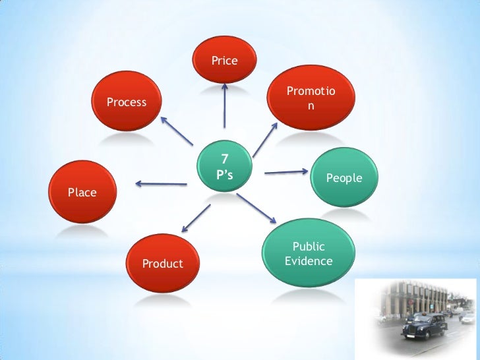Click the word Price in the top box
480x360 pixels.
(224, 61)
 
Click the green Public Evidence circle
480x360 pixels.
(309, 254)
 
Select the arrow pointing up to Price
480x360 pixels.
(225, 105)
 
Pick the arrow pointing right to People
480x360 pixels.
(286, 172)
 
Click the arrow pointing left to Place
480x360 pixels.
(162, 183)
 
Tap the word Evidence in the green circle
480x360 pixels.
(309, 261)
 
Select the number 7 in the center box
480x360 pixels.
(224, 158)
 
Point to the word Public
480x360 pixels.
(309, 247)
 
